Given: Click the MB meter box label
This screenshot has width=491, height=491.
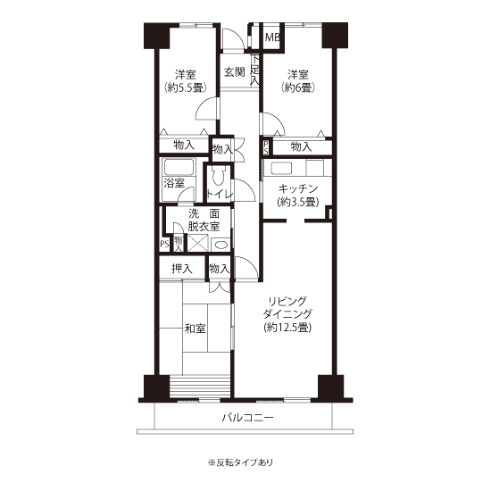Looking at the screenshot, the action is tap(272, 37).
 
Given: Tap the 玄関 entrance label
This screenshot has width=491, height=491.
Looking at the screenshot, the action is tap(234, 72).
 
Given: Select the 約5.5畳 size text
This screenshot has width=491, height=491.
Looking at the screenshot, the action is tap(186, 87).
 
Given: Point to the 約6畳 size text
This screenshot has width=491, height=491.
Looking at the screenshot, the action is tap(298, 87).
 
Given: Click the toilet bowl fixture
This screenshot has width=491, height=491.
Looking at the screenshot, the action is tap(218, 177).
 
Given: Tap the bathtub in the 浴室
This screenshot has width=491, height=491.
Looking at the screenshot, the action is tap(179, 167).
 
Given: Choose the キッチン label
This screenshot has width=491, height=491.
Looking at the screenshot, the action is tap(298, 188).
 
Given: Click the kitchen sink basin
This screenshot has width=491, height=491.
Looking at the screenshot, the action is tap(281, 169).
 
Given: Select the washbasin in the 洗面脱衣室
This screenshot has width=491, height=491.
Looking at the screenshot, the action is tap(221, 245).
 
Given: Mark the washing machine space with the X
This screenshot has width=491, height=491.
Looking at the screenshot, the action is tap(197, 244).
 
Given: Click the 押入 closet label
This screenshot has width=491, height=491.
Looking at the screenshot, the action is tap(182, 269).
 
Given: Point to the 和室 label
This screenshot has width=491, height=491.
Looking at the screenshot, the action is tap(195, 329).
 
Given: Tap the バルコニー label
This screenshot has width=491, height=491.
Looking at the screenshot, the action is tap(248, 418).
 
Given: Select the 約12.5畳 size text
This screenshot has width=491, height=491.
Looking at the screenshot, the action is tap(287, 328).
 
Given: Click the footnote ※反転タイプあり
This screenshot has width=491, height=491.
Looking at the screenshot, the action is tap(240, 462).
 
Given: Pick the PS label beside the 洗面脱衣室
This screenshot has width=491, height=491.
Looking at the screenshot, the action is tap(165, 244).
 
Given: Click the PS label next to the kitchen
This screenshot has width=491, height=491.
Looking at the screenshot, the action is tap(266, 147).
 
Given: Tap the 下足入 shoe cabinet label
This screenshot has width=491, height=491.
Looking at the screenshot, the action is tap(255, 70).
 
